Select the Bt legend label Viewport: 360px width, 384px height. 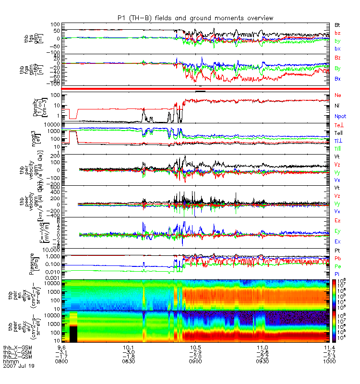[x=337, y=24]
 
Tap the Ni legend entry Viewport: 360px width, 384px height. [x=337, y=106]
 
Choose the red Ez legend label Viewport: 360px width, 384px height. [x=337, y=220]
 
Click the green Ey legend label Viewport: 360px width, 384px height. [x=337, y=231]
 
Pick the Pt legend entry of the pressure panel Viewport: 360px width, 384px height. [x=337, y=251]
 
